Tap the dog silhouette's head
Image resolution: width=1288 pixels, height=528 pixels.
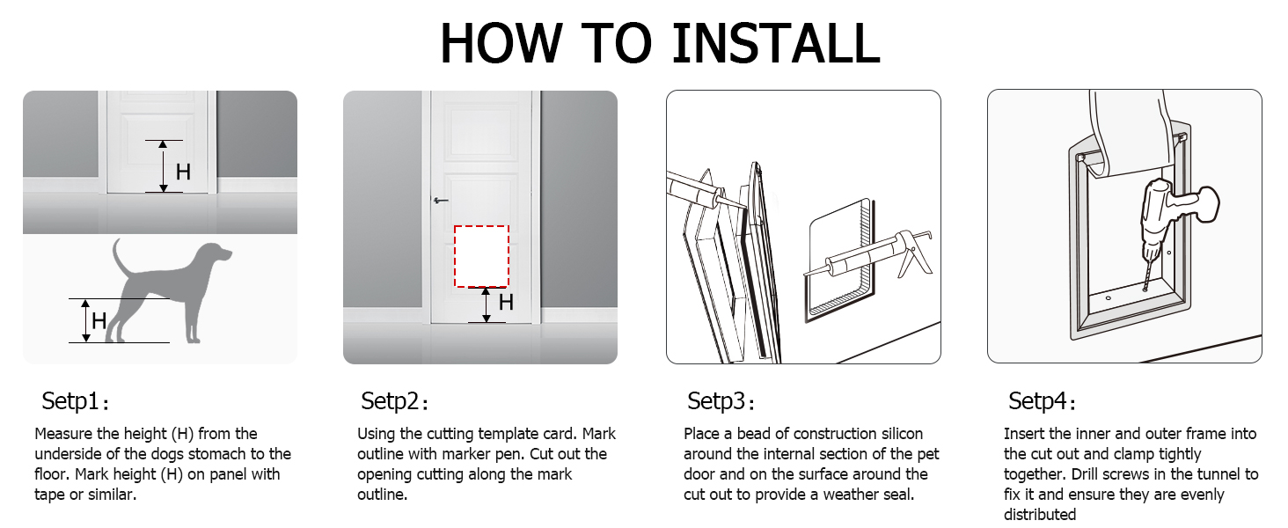click(x=215, y=255)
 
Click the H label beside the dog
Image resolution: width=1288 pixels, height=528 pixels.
click(x=99, y=321)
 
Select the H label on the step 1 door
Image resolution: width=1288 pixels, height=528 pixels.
click(x=183, y=172)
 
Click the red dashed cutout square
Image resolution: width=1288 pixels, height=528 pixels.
click(x=481, y=256)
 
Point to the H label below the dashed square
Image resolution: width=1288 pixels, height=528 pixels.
click(x=506, y=303)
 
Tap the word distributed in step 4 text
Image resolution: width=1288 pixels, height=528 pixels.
click(x=1039, y=515)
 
